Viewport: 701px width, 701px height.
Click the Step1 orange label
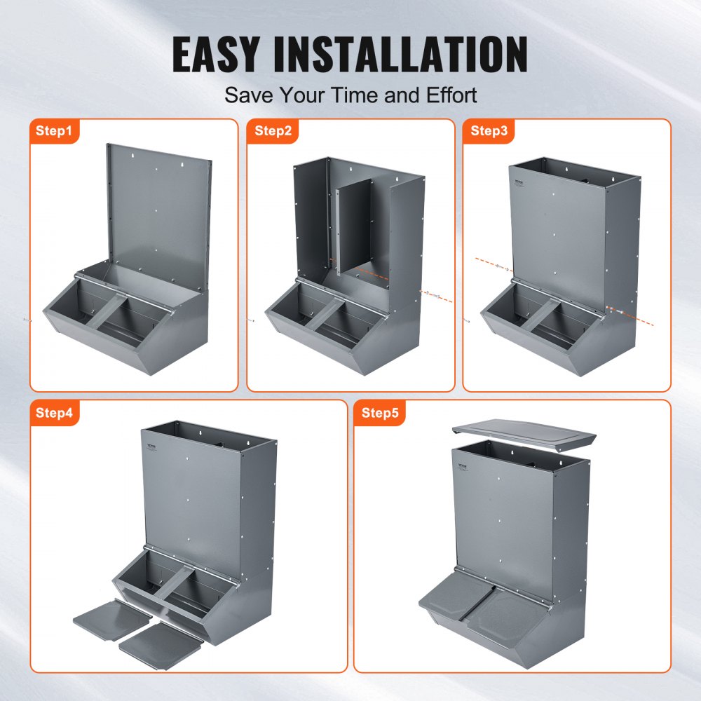coord(54,131)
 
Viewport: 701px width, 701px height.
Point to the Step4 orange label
coord(54,413)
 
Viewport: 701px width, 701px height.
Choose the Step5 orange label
coord(381,413)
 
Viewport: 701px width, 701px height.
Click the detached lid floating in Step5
coord(524,436)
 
